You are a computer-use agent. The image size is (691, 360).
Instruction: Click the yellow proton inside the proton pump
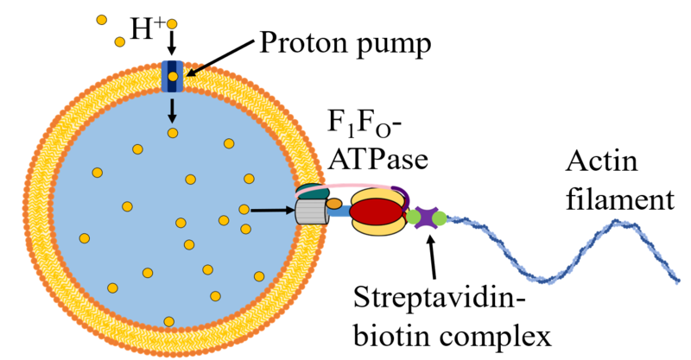tap(173, 77)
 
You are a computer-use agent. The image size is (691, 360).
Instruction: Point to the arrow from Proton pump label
tap(215, 61)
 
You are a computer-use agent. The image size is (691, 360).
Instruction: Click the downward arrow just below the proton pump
tap(173, 110)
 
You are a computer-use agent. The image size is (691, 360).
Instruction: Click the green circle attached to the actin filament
tap(441, 218)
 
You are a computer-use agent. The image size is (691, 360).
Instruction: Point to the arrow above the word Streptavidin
tap(429, 250)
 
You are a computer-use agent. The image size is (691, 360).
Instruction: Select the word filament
tap(618, 200)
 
